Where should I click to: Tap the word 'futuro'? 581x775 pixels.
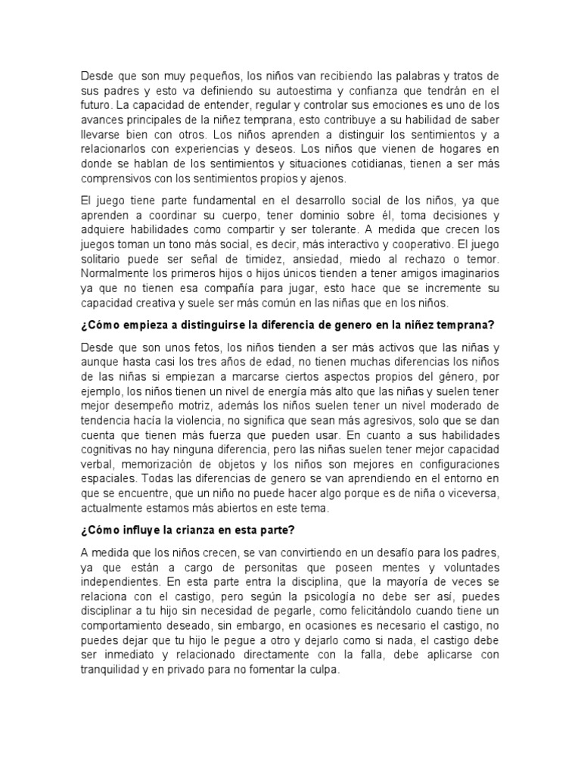(95, 106)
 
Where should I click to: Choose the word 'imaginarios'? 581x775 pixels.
(464, 273)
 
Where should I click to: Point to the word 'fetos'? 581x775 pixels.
(196, 347)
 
